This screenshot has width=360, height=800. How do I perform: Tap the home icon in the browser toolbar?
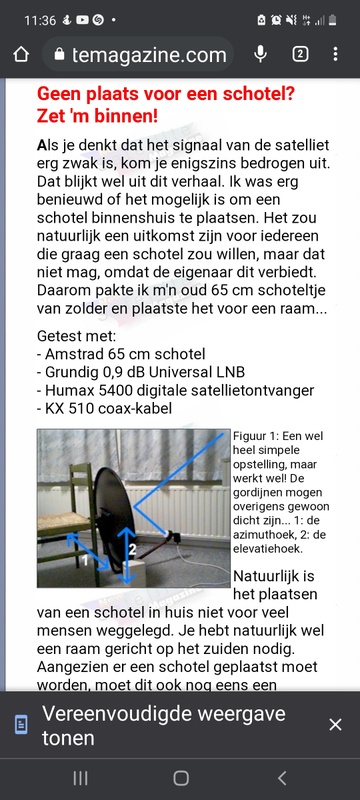[x=21, y=55]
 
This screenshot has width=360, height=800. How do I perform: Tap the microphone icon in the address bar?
[x=261, y=54]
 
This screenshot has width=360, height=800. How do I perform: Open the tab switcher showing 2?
[x=300, y=55]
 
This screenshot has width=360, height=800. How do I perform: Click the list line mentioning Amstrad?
[x=120, y=353]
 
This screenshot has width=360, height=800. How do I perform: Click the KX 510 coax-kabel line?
[x=109, y=409]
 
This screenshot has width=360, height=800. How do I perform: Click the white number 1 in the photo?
[x=87, y=562]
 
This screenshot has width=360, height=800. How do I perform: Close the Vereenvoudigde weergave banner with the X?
[x=335, y=724]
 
